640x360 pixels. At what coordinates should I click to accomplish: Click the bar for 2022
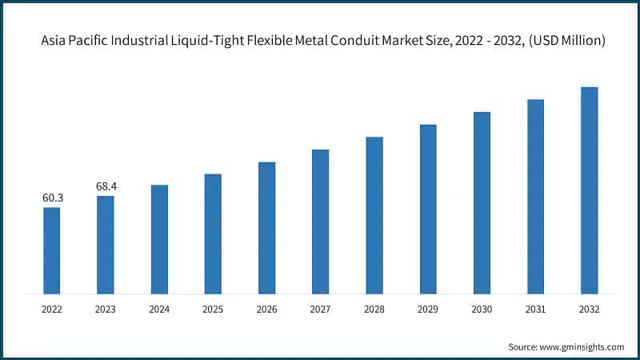click(51, 250)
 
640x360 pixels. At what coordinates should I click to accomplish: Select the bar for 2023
click(106, 244)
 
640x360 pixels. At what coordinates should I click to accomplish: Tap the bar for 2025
click(213, 233)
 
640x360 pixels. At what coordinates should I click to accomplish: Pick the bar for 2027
click(321, 221)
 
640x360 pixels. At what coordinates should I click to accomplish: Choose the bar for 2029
click(428, 208)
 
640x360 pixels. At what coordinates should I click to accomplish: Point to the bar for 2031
click(535, 196)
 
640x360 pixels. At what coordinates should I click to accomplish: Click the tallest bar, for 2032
click(589, 190)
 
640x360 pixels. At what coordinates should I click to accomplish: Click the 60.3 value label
click(51, 197)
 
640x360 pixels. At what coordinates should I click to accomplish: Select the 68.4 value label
click(106, 186)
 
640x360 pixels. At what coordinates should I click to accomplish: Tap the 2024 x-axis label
click(159, 308)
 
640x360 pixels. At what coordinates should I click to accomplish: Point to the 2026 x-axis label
click(266, 308)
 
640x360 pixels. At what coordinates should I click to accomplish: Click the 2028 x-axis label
click(374, 308)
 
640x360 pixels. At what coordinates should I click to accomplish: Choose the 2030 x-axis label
click(482, 308)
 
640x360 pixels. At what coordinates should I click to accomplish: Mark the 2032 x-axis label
click(589, 308)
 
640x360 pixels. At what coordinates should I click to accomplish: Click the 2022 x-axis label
click(51, 308)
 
